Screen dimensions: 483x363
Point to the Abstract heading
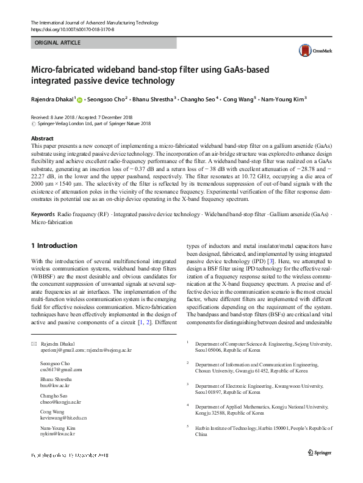coord(42,139)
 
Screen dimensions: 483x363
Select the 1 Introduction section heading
coord(54,245)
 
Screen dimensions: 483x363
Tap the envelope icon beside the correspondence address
coord(34,344)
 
